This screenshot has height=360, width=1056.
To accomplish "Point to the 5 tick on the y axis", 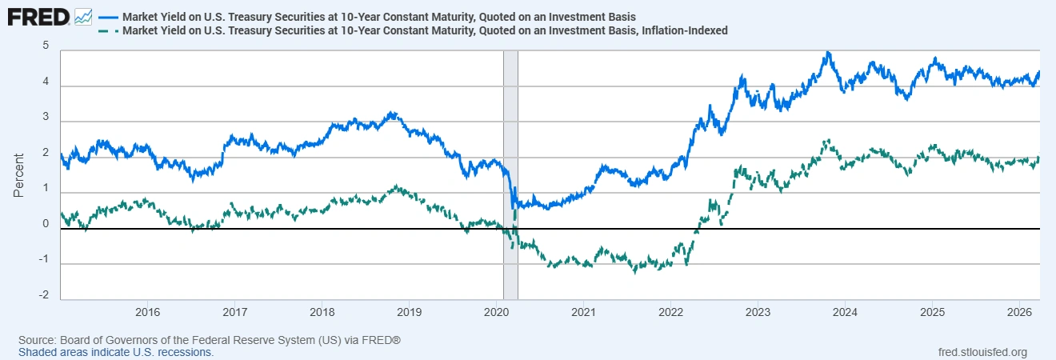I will pyautogui.click(x=46, y=46).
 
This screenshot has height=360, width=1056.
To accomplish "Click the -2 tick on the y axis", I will pyautogui.click(x=44, y=296).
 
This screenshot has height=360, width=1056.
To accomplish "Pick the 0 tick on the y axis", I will pyautogui.click(x=46, y=225).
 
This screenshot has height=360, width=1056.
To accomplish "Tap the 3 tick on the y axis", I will pyautogui.click(x=46, y=118).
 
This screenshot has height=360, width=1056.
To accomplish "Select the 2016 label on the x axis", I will pyautogui.click(x=147, y=311).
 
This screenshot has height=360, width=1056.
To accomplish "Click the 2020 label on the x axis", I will pyautogui.click(x=496, y=311).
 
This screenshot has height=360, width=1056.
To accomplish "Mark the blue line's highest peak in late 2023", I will pyautogui.click(x=828, y=53).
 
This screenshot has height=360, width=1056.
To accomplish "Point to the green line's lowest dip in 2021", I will pyautogui.click(x=634, y=270).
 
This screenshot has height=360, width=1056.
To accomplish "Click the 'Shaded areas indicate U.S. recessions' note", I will pyautogui.click(x=116, y=352).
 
